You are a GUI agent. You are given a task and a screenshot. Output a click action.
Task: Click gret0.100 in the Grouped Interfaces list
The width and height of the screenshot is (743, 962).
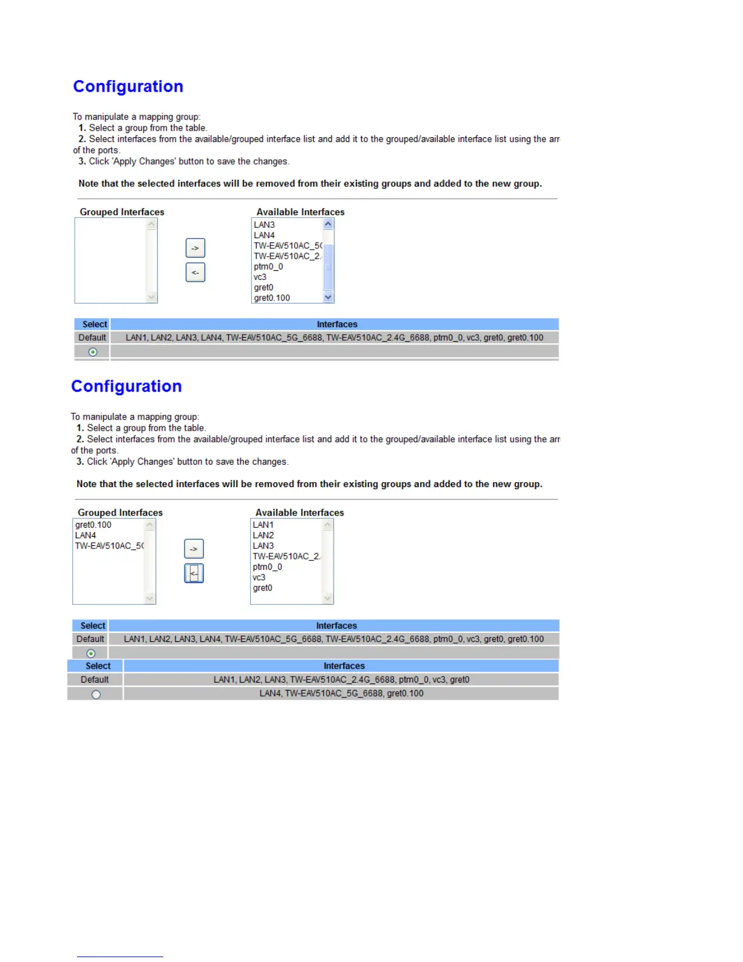click(x=93, y=525)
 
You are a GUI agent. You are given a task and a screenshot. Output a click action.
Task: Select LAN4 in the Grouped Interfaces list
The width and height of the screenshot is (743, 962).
click(x=86, y=535)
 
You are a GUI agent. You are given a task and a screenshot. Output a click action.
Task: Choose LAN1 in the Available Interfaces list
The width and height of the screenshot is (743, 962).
click(x=263, y=525)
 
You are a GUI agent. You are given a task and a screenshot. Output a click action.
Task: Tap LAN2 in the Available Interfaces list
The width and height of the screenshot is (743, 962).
click(x=263, y=535)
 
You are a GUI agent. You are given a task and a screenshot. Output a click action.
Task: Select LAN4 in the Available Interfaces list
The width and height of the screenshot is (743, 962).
click(x=264, y=235)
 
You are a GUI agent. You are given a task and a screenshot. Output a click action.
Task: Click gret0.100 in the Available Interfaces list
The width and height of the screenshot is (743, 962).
click(x=272, y=298)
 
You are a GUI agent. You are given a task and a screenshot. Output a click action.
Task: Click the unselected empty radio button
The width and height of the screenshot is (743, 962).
click(x=96, y=694)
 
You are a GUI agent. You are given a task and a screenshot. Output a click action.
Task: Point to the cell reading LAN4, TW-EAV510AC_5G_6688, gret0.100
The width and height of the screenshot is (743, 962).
click(x=341, y=693)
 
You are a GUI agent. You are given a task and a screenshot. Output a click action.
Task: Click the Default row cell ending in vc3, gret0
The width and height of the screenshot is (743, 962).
click(x=341, y=680)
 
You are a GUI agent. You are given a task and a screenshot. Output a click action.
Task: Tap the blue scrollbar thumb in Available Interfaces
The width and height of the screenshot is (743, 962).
click(x=328, y=267)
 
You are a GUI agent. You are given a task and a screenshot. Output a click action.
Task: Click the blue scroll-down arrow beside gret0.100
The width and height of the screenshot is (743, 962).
click(x=328, y=297)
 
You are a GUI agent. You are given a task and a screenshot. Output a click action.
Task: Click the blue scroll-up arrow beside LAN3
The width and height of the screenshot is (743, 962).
click(x=328, y=224)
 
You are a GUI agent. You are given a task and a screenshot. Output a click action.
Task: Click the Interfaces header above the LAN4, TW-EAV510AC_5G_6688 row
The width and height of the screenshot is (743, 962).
click(x=344, y=666)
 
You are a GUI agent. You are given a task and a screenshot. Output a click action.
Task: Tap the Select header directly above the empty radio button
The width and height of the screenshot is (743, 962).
click(x=98, y=666)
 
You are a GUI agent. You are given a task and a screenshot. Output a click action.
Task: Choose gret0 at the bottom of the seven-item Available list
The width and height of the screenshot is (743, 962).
click(x=263, y=588)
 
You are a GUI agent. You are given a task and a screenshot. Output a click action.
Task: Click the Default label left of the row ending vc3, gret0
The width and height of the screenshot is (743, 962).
click(x=95, y=680)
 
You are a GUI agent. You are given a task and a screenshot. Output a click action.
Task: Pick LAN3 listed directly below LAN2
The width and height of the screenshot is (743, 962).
click(x=263, y=545)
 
